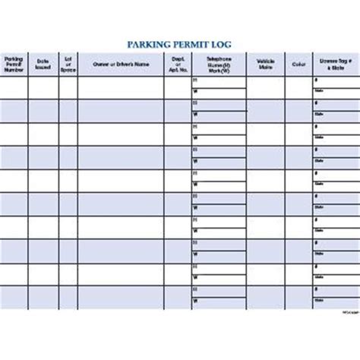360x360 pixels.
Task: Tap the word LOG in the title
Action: tap(219, 45)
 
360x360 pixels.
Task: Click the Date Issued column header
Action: tap(43, 65)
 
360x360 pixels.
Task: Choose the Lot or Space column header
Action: tap(68, 65)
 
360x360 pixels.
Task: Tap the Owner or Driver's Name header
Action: tap(120, 65)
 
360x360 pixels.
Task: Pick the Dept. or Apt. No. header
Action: tap(176, 65)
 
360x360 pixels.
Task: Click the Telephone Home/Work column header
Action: tap(218, 65)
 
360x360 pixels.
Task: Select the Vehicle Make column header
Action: tap(265, 65)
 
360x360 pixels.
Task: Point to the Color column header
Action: tap(298, 65)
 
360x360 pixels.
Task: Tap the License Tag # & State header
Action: tap(333, 65)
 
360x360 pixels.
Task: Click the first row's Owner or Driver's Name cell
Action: tap(120, 88)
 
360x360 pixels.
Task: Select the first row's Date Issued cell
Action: tap(43, 88)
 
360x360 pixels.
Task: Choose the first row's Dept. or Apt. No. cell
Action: tap(176, 88)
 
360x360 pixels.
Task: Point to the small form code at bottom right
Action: tap(346, 311)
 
